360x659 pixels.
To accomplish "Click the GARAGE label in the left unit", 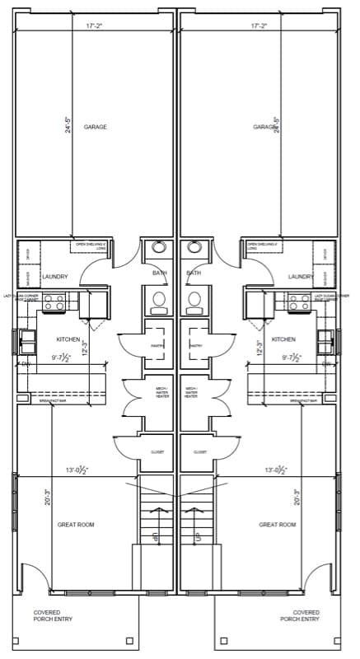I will (x=95, y=127).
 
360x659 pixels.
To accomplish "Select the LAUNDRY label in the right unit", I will (x=301, y=277).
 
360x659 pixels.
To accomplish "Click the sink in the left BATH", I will (x=159, y=247).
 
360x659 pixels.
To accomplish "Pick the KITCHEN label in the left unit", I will (x=68, y=339).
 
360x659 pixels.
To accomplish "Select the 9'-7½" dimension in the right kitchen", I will (x=292, y=358).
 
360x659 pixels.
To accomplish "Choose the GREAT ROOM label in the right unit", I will (x=277, y=524).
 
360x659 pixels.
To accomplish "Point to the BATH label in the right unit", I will (x=194, y=273).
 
